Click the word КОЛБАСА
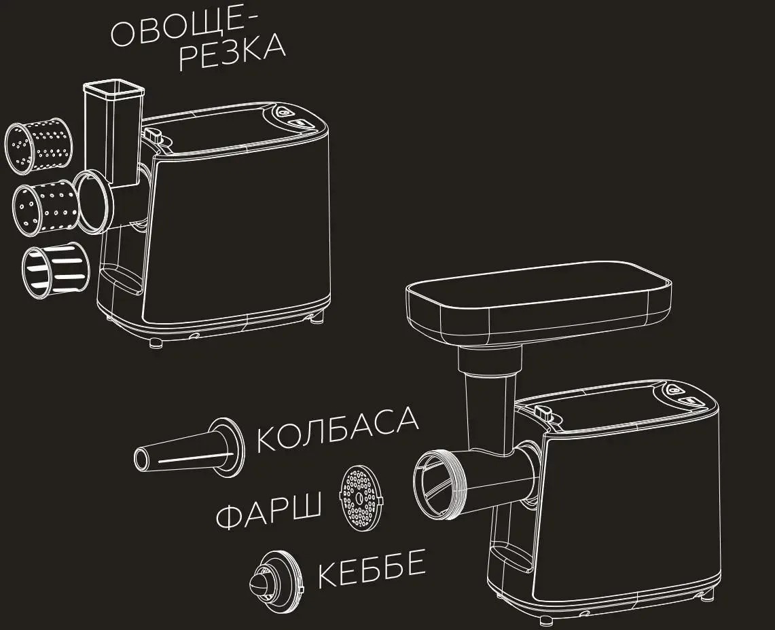[338, 429]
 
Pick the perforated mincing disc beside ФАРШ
[361, 498]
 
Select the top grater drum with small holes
[39, 146]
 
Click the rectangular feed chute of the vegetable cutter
[114, 132]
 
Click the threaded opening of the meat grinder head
[439, 484]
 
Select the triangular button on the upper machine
[283, 111]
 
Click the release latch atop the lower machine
[542, 411]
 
